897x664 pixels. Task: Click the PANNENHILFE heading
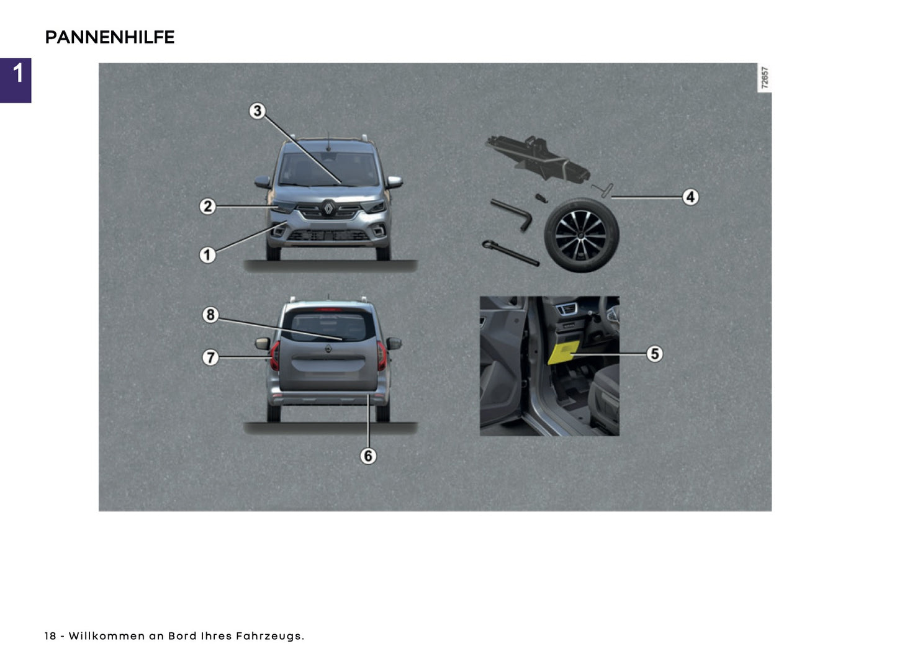pos(110,37)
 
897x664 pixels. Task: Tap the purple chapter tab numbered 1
pos(16,80)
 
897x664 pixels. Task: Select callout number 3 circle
pos(257,111)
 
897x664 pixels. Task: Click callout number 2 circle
pos(207,206)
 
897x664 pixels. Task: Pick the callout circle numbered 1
pos(207,254)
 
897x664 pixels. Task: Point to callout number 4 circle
pos(690,197)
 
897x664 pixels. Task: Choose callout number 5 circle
pos(654,354)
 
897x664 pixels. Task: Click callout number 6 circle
pos(368,456)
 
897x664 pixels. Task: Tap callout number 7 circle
pos(210,357)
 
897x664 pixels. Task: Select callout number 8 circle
pos(210,315)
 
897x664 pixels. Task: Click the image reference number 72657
pos(765,78)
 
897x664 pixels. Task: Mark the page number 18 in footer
pos(50,636)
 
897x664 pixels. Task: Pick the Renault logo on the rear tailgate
pos(328,349)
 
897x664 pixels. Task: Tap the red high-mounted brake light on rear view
pos(328,308)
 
